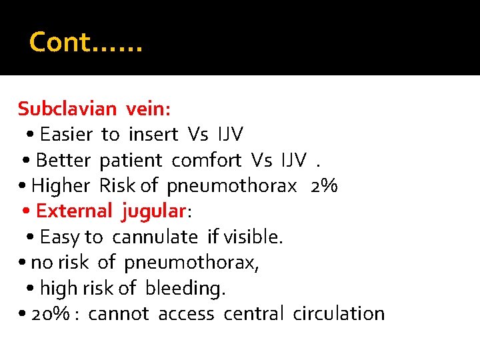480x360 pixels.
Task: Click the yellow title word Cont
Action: pyautogui.click(x=60, y=42)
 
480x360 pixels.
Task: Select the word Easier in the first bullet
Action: pyautogui.click(x=66, y=134)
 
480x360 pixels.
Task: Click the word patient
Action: pyautogui.click(x=131, y=160)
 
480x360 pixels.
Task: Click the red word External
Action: pyautogui.click(x=74, y=211)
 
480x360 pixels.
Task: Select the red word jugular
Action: pyautogui.click(x=153, y=211)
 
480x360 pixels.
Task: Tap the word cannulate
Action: pyautogui.click(x=155, y=237)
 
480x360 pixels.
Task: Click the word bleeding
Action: pyautogui.click(x=185, y=288)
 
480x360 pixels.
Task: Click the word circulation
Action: pyautogui.click(x=339, y=313)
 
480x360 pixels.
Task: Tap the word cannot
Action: pyautogui.click(x=118, y=313)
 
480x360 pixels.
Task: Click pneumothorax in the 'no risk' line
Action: pyautogui.click(x=191, y=263)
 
